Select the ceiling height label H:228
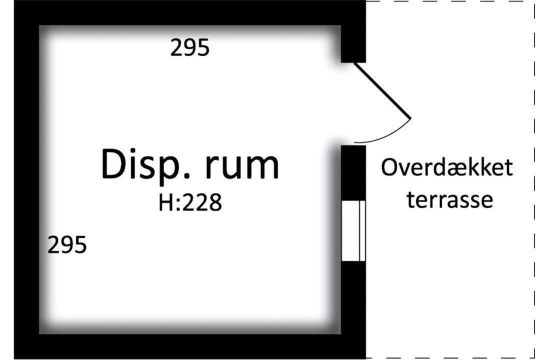[x=190, y=203]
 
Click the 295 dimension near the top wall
[x=190, y=47]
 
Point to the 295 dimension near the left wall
[x=67, y=244]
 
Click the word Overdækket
[x=446, y=167]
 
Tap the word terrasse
[x=450, y=200]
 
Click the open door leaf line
[x=382, y=90]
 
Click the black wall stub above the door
[x=353, y=44]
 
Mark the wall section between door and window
[x=353, y=172]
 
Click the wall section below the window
[x=353, y=297]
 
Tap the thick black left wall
[x=26, y=179]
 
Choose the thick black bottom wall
[x=190, y=346]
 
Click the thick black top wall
[x=190, y=12]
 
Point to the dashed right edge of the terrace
[x=534, y=179]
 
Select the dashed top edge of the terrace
[x=450, y=1]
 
